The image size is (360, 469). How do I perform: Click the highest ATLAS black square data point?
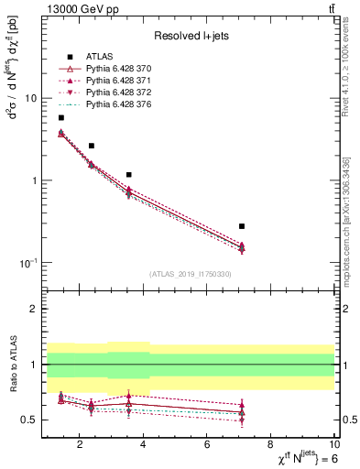tap(61, 117)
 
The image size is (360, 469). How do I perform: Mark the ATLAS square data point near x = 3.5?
tap(129, 174)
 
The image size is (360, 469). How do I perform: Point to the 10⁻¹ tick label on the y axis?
tap(28, 262)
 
